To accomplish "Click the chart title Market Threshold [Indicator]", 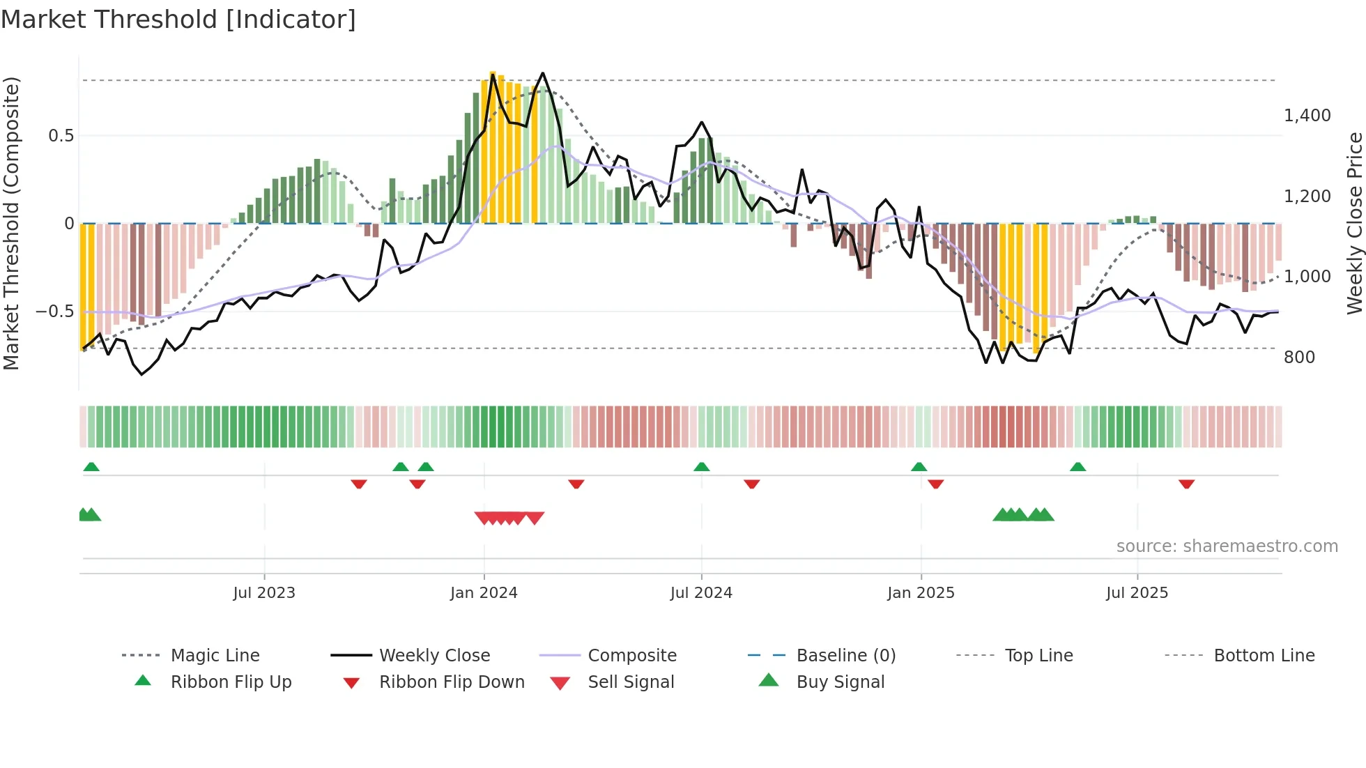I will click(x=178, y=20).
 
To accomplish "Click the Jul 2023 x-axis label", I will click(x=264, y=593).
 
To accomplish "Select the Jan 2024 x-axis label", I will click(x=484, y=593).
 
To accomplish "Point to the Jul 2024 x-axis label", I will click(x=701, y=593).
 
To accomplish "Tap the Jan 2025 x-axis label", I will click(x=921, y=593).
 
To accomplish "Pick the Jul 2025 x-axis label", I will click(x=1137, y=593).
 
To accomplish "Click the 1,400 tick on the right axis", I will click(x=1307, y=116).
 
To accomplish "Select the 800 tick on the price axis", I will click(x=1299, y=358).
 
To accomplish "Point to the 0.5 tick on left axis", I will click(x=61, y=136).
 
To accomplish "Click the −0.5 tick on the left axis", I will click(x=55, y=312).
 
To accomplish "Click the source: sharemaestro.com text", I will click(x=1227, y=546).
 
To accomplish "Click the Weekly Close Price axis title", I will click(x=1354, y=223).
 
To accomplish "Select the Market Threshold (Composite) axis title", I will click(x=11, y=223).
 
